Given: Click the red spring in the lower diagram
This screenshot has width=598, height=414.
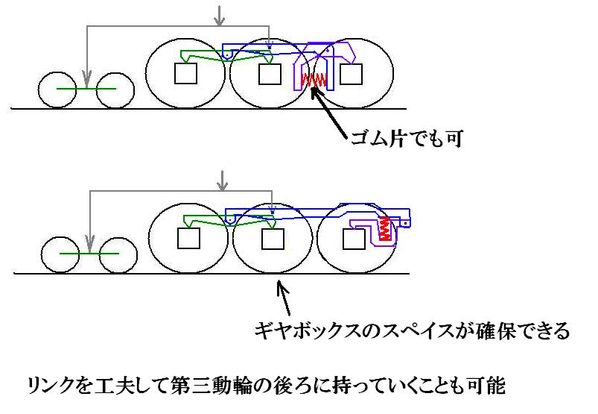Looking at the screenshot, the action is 385,228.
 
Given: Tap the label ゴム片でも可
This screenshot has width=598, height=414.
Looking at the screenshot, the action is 407,139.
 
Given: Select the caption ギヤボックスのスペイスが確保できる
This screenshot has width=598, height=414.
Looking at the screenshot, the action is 412,330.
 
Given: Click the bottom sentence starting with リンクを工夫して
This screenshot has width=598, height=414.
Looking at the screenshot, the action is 266,385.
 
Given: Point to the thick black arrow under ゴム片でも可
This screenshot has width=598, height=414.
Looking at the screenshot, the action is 328,113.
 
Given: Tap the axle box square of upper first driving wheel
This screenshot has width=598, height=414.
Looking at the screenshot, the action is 185,73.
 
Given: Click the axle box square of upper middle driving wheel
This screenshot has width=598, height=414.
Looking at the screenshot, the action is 270,74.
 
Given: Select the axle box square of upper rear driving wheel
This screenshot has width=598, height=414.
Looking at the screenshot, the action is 351,74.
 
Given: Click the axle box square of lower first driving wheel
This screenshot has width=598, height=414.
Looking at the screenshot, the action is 188,238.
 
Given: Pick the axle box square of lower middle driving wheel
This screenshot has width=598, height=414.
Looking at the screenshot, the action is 273,239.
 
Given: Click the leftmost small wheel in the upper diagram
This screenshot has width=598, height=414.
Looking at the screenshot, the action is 57,90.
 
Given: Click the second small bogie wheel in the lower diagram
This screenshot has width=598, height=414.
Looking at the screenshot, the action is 118,255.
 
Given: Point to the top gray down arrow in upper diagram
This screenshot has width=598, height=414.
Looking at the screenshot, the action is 219,16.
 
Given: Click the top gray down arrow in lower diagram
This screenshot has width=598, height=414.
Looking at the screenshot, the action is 222,181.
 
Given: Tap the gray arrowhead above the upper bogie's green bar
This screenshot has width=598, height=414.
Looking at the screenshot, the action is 87,81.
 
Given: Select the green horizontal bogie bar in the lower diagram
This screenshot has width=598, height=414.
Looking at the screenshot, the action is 89,254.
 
